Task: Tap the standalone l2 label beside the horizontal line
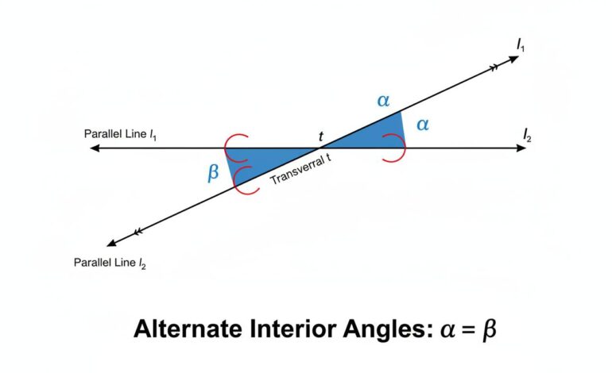coord(528,137)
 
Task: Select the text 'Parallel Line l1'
coord(120,133)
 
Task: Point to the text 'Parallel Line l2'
coord(110,262)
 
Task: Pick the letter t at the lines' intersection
coord(321,137)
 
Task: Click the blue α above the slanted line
coord(383,101)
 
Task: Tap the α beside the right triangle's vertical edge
coord(423,124)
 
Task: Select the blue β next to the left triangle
coord(212,173)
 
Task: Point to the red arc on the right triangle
coord(394,148)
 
